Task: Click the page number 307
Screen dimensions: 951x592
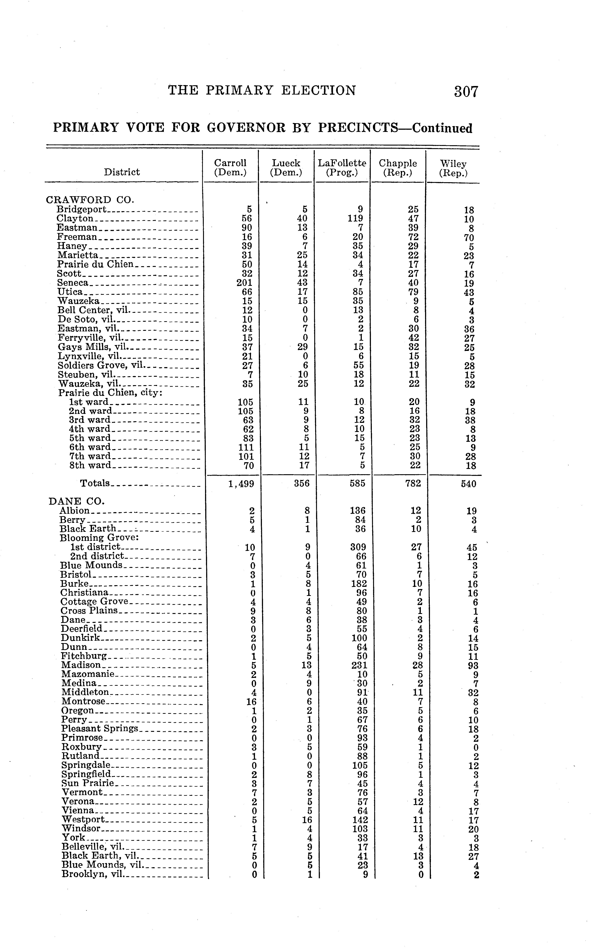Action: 466,92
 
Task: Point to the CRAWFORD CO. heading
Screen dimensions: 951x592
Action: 90,200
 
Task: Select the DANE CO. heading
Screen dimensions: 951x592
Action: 76,501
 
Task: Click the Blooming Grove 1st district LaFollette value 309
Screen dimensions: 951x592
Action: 358,547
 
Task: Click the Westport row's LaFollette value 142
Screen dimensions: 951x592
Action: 360,819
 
